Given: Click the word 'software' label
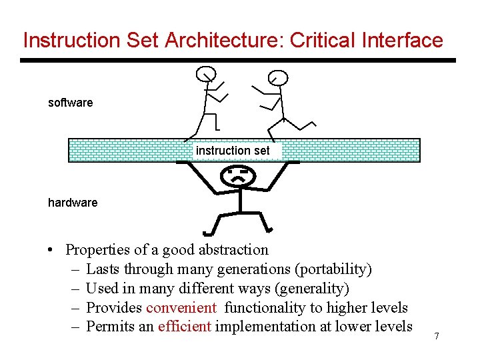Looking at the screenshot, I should point(70,103).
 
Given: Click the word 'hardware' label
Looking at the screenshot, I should point(73,202).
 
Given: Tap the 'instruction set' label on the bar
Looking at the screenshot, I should point(233,151).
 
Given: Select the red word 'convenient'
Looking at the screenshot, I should point(181,307).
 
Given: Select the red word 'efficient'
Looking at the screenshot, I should point(185,326).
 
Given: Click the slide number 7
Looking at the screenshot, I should point(437,336).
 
